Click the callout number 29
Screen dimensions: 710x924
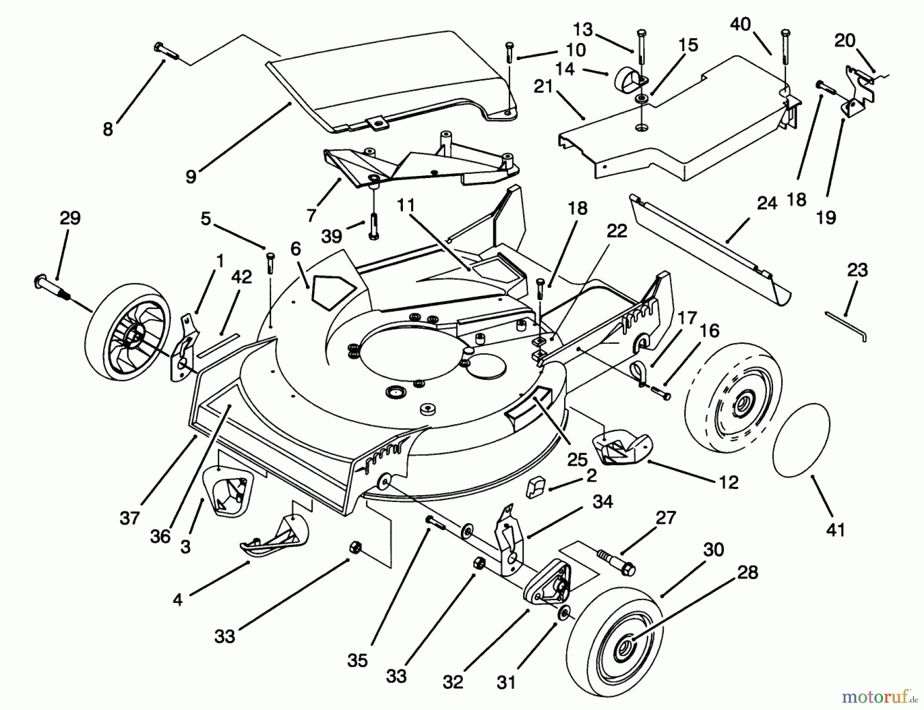coord(70,218)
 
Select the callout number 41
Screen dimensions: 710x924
coord(835,529)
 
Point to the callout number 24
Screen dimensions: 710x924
coord(767,204)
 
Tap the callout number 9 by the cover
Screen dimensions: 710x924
coord(191,177)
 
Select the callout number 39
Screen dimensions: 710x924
coord(332,236)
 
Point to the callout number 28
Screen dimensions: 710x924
coord(747,572)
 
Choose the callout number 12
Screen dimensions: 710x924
coord(728,482)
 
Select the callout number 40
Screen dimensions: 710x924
coord(740,24)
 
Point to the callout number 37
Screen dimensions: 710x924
coord(129,518)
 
